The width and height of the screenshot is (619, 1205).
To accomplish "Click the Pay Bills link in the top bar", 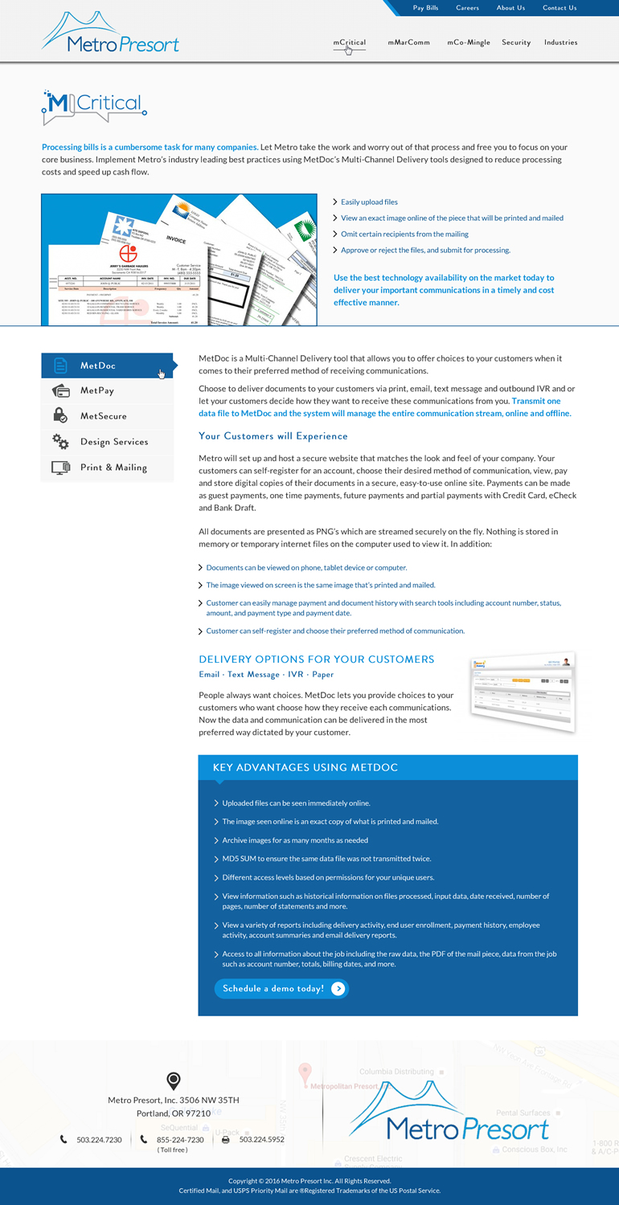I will pos(425,8).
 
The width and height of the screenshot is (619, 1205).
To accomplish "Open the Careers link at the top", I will pos(467,8).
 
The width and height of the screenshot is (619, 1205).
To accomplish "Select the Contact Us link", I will pos(559,8).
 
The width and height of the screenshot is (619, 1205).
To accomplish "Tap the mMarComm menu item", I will pos(408,43).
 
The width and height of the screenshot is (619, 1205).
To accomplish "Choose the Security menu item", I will pos(516,43).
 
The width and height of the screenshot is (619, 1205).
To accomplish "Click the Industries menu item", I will pos(560,43).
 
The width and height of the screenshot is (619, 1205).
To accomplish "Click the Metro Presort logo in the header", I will pos(110,34).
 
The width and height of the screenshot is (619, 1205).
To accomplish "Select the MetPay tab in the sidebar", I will pos(97,391).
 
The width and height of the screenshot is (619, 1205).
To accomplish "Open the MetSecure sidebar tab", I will pos(103,416).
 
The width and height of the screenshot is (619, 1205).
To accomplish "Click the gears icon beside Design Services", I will pos(60,441).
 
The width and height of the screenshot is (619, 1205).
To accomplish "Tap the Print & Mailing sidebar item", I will pos(113,468).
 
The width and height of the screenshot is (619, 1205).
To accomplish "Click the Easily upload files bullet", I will pos(369,202).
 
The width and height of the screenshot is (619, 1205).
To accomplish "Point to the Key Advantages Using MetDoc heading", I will pos(305,768).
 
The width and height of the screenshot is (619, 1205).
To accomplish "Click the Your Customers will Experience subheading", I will pos(273,436).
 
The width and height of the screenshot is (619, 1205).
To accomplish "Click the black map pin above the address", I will pos(173,1080).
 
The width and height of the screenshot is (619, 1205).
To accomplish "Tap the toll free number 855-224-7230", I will pos(180,1139).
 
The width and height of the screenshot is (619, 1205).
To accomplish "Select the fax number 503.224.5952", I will pos(261,1139).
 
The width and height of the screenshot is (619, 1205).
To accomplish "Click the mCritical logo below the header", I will pos(93,107).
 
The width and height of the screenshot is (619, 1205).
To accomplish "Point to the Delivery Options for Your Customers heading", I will pos(316,660).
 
